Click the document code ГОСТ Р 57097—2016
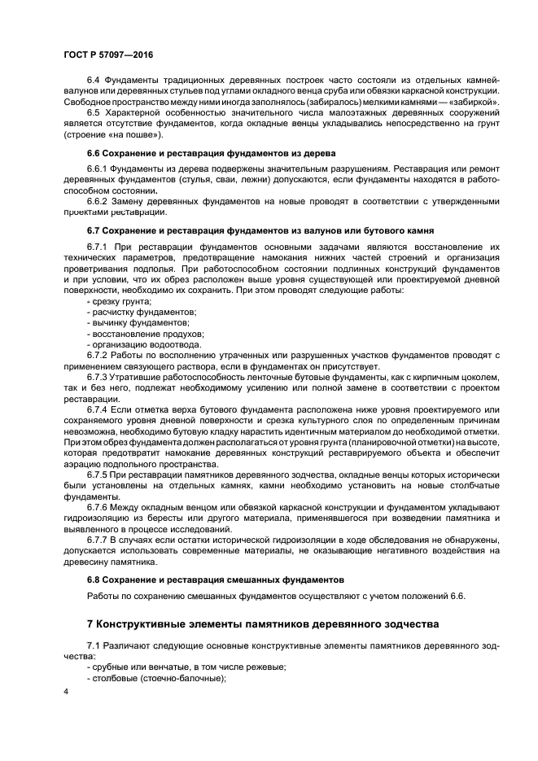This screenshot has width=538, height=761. tap(108, 55)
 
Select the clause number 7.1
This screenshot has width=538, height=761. tap(94, 645)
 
